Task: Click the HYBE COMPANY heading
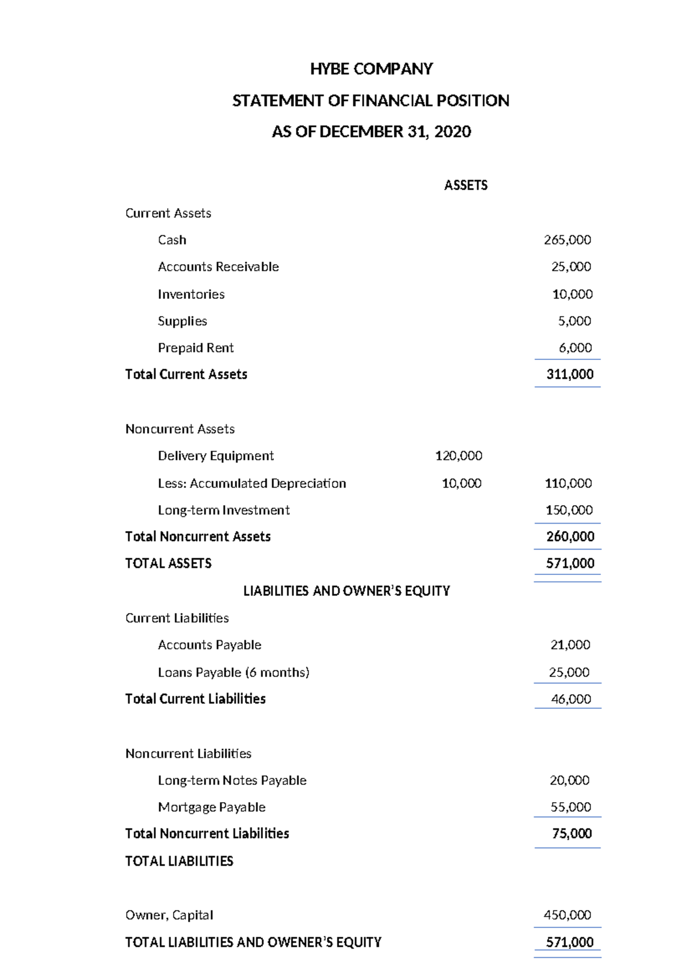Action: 371,69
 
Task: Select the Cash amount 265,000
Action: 567,240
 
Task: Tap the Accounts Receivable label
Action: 218,267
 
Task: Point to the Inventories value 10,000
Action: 572,294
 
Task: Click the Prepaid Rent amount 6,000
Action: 575,348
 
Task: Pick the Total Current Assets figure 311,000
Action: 570,374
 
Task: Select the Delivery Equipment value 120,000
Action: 458,456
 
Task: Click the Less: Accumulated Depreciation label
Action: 252,483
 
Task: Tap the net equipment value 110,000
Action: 568,483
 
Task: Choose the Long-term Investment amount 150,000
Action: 569,510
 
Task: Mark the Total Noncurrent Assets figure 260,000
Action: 570,537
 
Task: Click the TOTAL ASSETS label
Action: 168,563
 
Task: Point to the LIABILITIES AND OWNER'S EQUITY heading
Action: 346,591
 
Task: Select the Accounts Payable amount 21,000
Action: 570,645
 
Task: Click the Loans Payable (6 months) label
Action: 234,672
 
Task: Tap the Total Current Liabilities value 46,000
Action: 571,699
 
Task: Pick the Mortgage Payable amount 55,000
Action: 570,807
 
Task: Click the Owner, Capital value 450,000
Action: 567,915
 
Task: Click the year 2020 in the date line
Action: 453,132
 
